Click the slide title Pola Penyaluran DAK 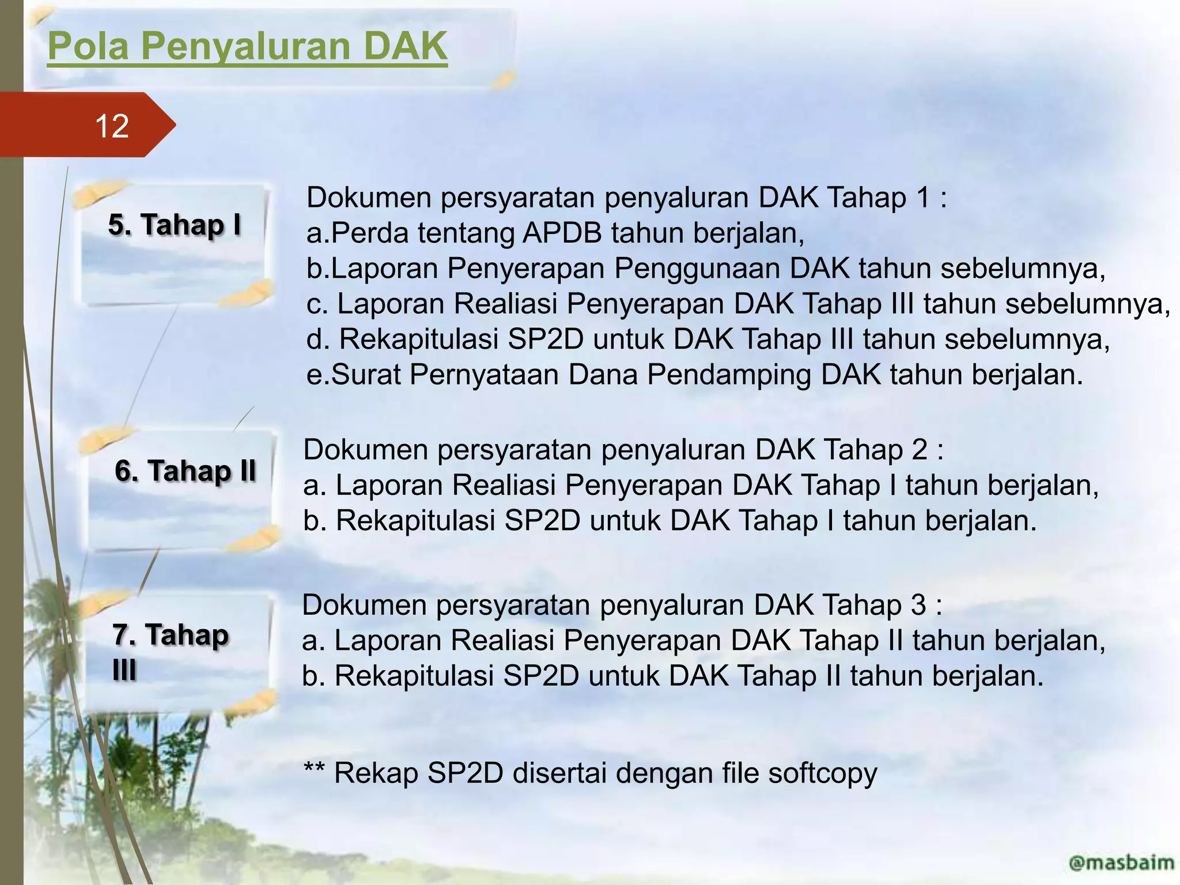click(x=247, y=46)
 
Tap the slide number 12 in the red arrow click(x=112, y=126)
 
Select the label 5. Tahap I click(x=175, y=225)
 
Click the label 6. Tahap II click(x=185, y=471)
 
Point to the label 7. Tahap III click(x=170, y=652)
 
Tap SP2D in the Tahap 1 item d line click(x=546, y=339)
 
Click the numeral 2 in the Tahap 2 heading click(x=920, y=449)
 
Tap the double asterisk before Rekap click(x=314, y=769)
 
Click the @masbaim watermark click(x=1121, y=863)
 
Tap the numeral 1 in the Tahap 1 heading click(x=922, y=198)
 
